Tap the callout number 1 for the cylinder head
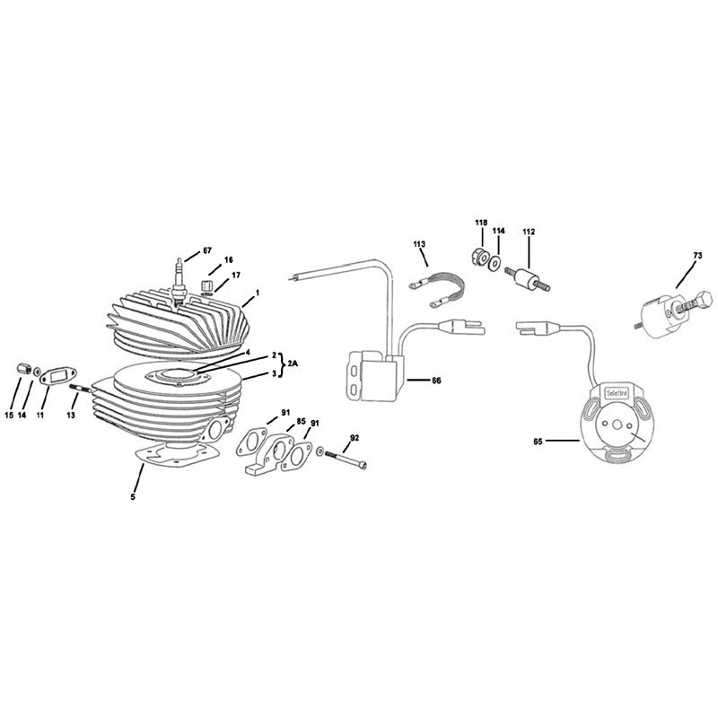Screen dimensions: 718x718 tap(257, 293)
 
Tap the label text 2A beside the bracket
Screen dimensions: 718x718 tap(294, 363)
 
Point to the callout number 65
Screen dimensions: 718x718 tap(538, 441)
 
